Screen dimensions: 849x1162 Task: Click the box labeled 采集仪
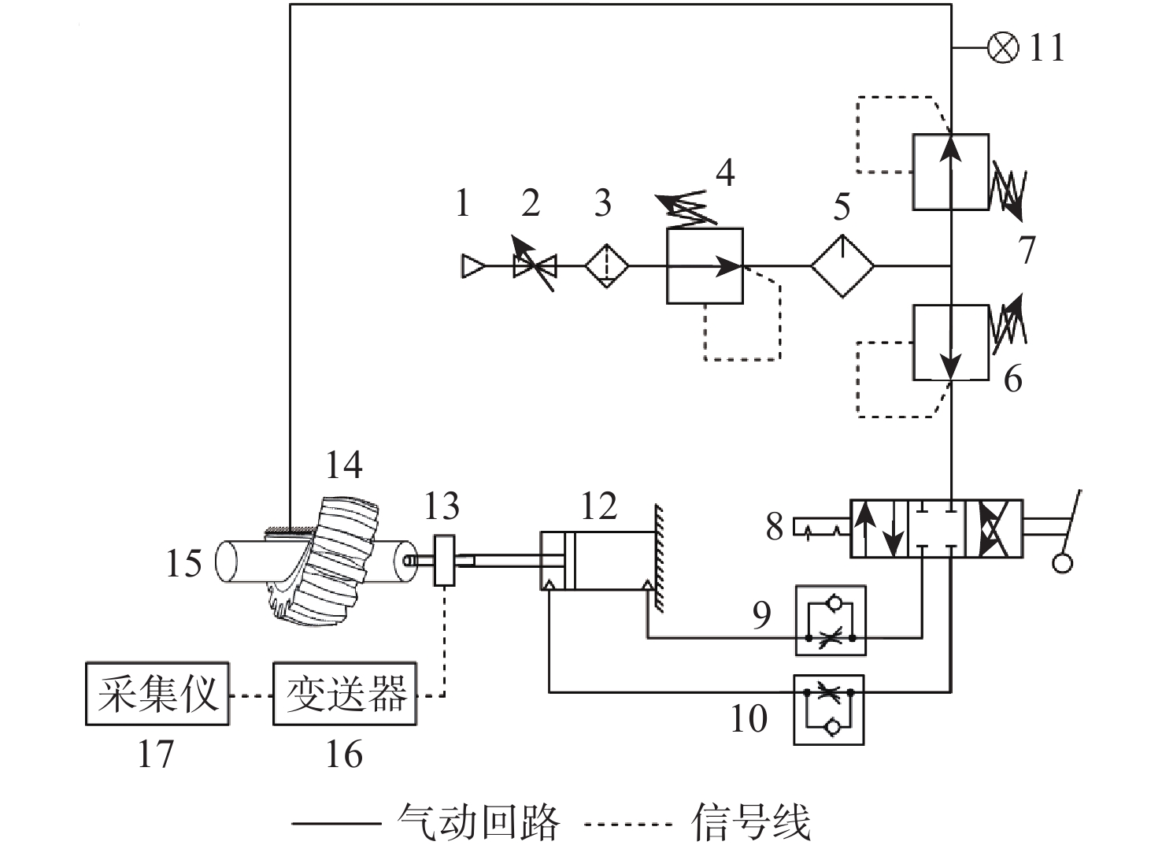(x=157, y=694)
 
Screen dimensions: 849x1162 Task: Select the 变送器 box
(x=344, y=694)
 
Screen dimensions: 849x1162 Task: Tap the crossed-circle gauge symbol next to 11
(x=1002, y=48)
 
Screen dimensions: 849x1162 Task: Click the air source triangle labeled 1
(x=472, y=266)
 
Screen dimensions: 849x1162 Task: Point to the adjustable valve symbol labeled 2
(x=535, y=266)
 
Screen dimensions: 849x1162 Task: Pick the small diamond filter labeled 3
(x=607, y=266)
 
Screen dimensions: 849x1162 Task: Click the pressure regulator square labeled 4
(x=705, y=266)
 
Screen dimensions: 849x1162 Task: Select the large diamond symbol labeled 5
(x=842, y=266)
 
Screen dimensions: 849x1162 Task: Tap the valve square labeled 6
(x=950, y=343)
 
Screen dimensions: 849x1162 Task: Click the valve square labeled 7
(x=950, y=172)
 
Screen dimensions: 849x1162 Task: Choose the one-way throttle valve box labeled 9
(x=831, y=621)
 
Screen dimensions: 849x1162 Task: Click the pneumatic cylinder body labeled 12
(x=598, y=561)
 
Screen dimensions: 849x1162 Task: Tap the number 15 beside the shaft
(x=183, y=564)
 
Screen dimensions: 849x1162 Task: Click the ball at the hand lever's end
(x=1062, y=563)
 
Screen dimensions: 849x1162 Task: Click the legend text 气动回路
(x=479, y=823)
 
